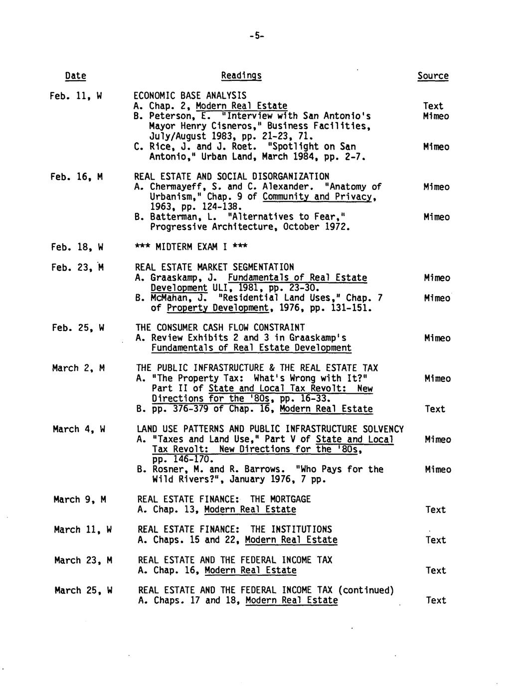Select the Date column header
(x=75, y=76)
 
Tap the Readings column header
(x=241, y=75)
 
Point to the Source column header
(x=433, y=76)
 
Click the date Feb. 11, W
(x=76, y=95)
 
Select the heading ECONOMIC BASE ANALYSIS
(x=190, y=95)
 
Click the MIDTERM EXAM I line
(x=191, y=247)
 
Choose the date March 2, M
(x=78, y=368)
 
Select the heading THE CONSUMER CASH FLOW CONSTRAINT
(x=220, y=328)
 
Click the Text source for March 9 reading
(x=435, y=510)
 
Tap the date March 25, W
(x=83, y=590)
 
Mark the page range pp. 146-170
(x=182, y=459)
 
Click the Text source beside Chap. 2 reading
(x=433, y=106)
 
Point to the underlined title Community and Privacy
(x=318, y=196)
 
